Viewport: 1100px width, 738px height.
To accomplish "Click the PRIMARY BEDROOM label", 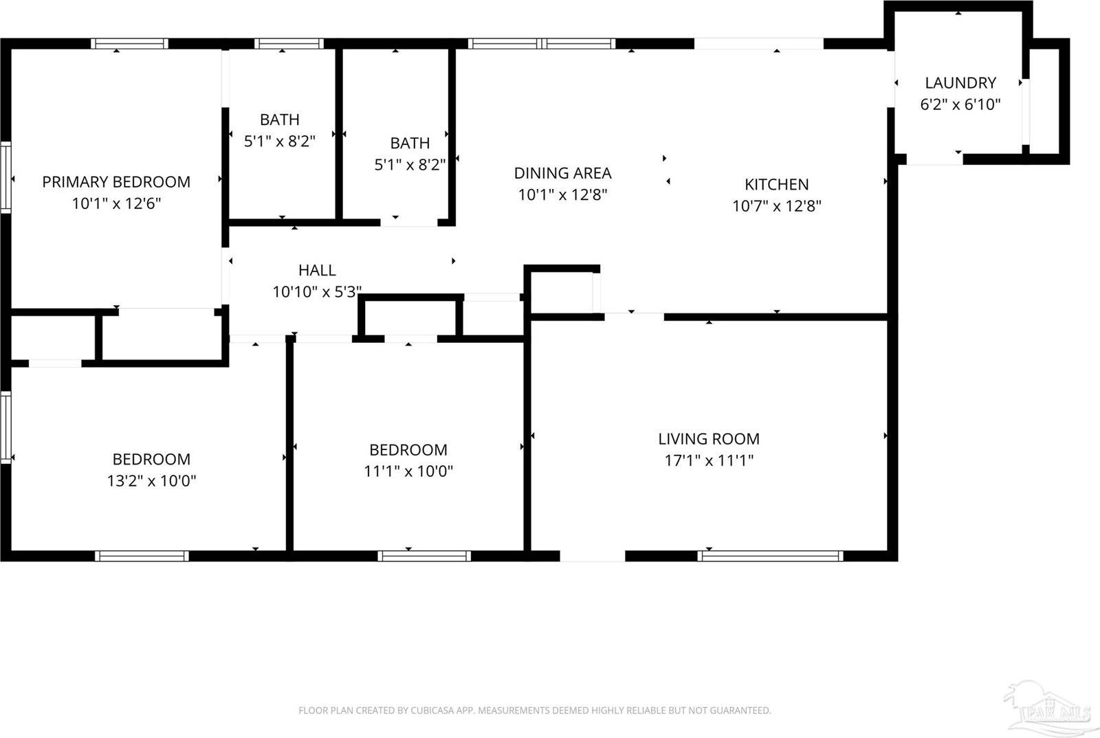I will (116, 182).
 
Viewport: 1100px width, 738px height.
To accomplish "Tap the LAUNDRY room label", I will (960, 83).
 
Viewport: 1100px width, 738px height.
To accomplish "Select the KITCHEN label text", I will (776, 184).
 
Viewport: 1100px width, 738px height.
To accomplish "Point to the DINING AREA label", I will (562, 173).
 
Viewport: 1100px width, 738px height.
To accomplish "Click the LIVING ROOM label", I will (708, 439).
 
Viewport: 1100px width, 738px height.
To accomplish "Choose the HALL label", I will (317, 271).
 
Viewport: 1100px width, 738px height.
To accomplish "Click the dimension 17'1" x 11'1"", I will (708, 460).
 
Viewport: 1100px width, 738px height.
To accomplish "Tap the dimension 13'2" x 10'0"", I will (151, 481).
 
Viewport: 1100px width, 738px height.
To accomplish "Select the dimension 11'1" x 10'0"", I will (408, 471).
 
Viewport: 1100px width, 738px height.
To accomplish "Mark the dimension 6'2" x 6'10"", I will (960, 105).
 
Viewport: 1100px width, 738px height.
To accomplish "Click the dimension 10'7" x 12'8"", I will (776, 206).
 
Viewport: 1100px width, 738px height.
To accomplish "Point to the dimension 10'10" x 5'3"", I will (317, 292).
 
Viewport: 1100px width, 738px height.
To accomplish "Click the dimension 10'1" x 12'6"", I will (116, 204).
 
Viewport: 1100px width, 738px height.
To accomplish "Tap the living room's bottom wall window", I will (770, 556).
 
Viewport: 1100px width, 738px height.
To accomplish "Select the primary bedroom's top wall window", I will (130, 43).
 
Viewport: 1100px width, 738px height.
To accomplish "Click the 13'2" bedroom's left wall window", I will (5, 427).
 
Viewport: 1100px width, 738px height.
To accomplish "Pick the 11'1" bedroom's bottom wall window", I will (424, 556).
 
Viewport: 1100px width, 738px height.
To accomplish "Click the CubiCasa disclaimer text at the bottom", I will (534, 711).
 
